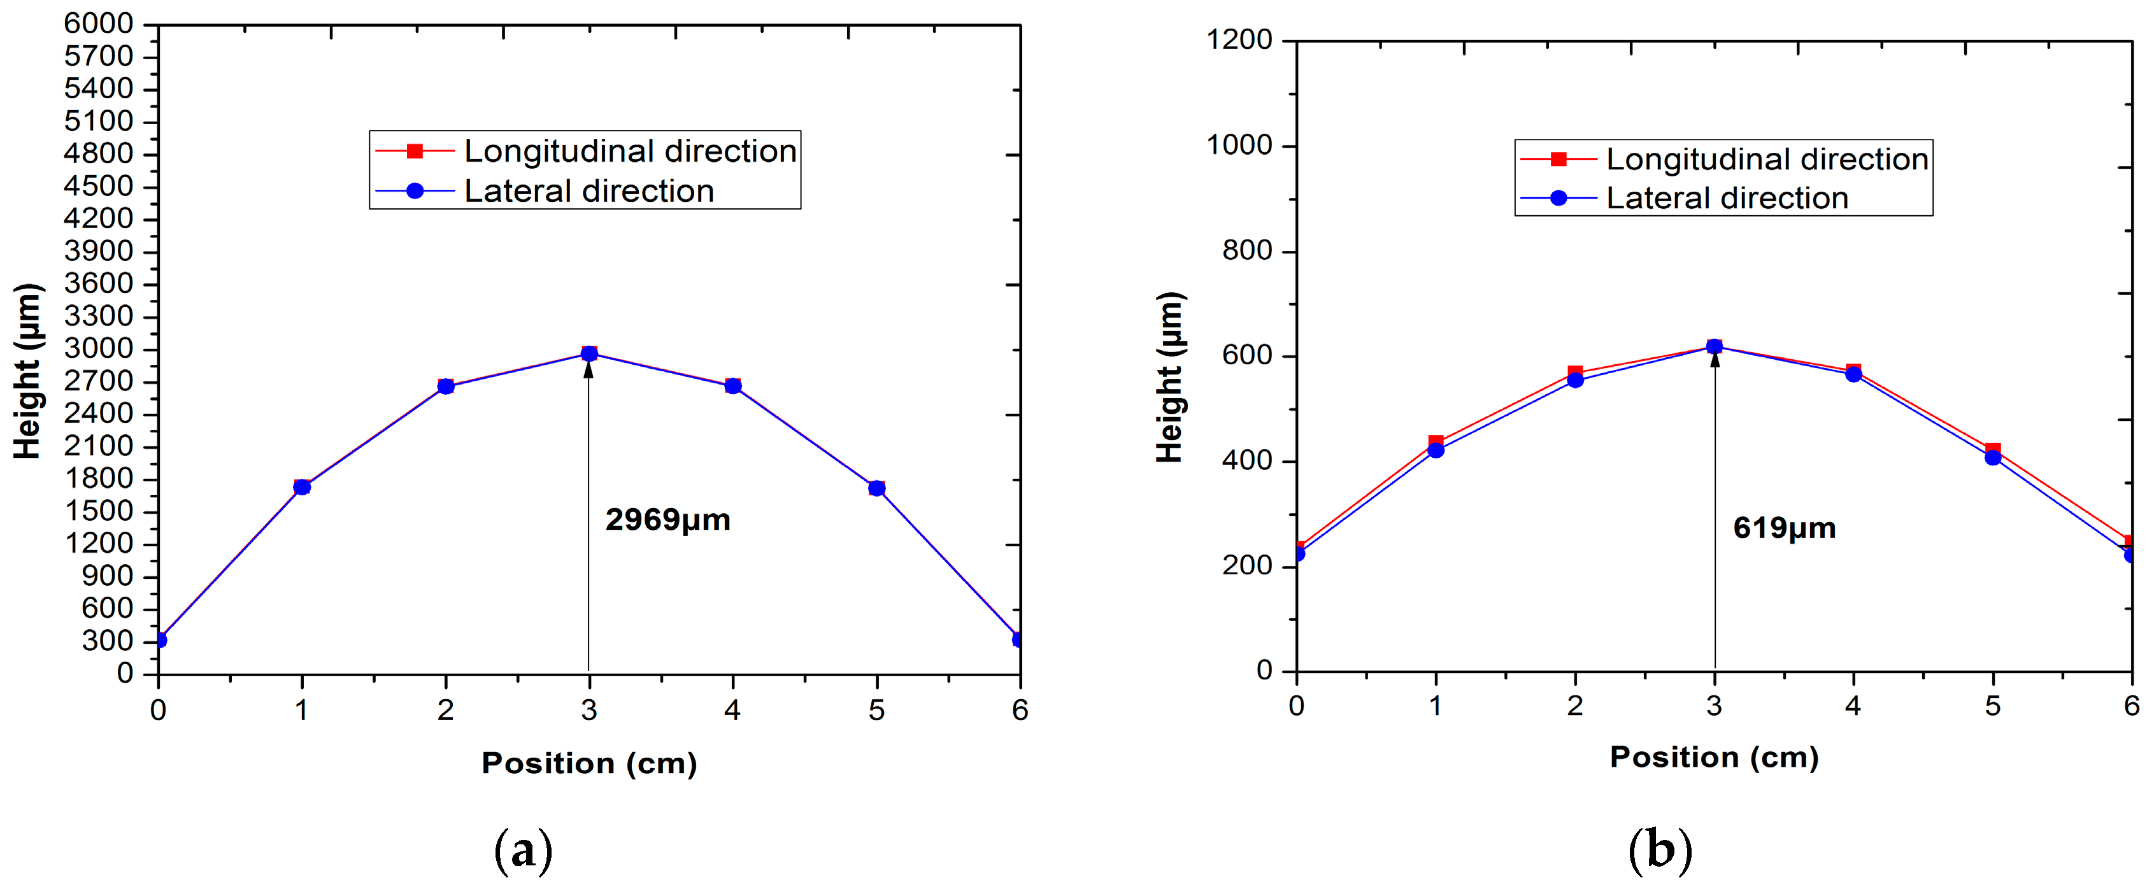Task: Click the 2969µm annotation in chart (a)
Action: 667,520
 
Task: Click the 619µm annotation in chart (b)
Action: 1785,529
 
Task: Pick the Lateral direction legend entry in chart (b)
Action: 1726,199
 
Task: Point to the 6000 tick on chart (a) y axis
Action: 98,24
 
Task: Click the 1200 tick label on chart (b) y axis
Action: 1239,39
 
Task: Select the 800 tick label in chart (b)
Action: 1247,250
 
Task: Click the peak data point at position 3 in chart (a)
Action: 589,353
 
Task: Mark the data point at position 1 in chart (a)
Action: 302,487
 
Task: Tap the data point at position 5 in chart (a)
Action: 876,488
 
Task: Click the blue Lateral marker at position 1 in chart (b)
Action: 1435,451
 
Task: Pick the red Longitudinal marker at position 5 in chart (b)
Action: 1993,450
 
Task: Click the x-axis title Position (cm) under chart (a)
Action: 589,763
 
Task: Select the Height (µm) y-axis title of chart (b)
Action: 1170,378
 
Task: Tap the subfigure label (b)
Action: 1659,849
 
